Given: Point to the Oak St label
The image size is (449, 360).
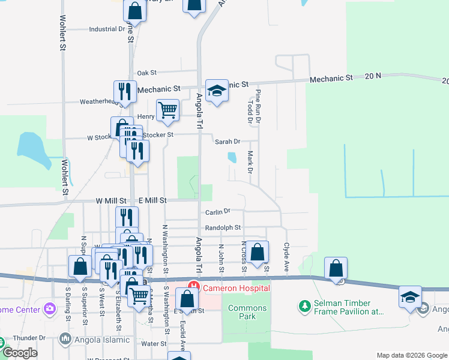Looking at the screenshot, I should (146, 73).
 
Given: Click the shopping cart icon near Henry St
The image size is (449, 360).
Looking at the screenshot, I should (168, 110).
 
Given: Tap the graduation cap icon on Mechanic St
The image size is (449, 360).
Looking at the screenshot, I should (216, 91).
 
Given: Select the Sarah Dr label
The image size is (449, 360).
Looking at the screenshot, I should (228, 142).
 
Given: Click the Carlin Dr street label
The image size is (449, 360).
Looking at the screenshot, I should (218, 211).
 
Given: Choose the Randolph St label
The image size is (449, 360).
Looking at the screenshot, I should (223, 228).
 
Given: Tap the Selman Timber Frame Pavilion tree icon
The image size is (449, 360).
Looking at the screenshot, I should (305, 307).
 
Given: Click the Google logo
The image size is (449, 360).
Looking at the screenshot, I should (20, 352).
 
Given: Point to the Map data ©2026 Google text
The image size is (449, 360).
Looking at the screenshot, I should (412, 355).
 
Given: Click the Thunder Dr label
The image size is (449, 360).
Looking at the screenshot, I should (25, 338).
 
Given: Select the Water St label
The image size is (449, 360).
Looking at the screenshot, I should (154, 344).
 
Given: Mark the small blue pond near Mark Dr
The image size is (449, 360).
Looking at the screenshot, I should (232, 157).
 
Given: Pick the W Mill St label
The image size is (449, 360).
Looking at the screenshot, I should (111, 200).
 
